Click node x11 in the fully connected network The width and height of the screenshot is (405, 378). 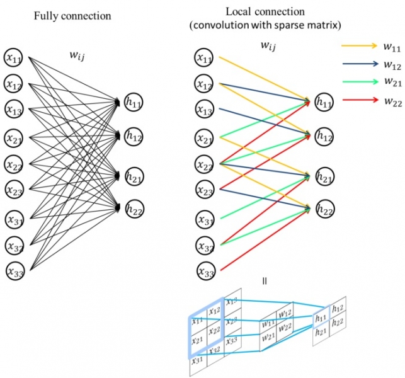point(13,57)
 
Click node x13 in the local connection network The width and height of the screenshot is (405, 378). point(205,111)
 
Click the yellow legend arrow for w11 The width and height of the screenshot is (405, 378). point(359,46)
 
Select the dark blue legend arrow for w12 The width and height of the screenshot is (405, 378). point(359,64)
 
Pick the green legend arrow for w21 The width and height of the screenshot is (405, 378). point(359,81)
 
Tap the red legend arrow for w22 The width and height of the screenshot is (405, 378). point(359,99)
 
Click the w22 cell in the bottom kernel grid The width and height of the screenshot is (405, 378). point(285,326)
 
